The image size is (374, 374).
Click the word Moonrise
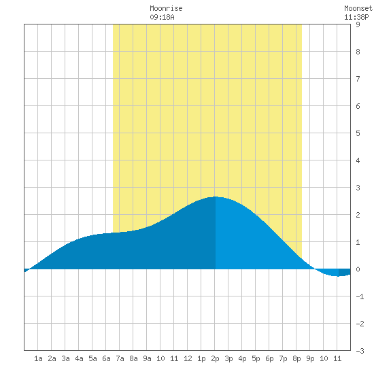point(166,8)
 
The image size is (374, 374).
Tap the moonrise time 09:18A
point(162,17)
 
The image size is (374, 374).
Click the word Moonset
point(358,8)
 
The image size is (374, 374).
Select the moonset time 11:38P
point(356,17)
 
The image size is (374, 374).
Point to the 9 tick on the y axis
point(358,24)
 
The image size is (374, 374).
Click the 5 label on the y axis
point(358,133)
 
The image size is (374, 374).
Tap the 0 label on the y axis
point(358,269)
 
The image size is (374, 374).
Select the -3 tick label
point(360,351)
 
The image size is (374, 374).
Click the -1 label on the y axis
point(360,296)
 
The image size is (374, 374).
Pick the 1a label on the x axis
point(38,358)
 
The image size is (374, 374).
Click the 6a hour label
point(106,358)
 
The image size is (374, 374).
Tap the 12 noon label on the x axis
point(188,358)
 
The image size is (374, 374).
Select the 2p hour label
point(215,358)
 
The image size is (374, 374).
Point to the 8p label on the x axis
point(296,358)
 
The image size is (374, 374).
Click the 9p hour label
point(310,358)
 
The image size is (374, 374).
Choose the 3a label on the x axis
point(65,358)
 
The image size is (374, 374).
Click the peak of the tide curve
point(216,197)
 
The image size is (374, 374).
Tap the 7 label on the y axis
point(358,79)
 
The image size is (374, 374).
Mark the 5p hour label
point(256,358)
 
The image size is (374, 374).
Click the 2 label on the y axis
point(358,215)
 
